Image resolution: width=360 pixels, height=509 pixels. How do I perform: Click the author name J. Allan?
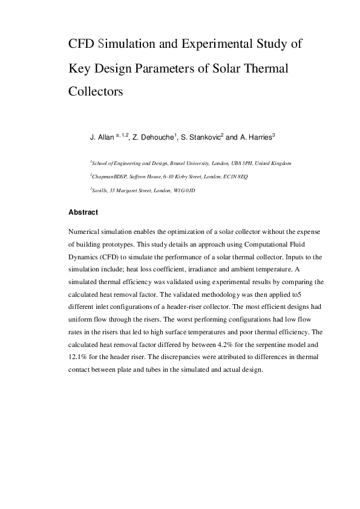click(100, 138)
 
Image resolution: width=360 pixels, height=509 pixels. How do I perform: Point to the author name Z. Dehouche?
click(154, 138)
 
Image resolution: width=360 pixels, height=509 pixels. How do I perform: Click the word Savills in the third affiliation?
click(98, 190)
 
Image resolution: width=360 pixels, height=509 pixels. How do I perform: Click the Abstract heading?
click(83, 213)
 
